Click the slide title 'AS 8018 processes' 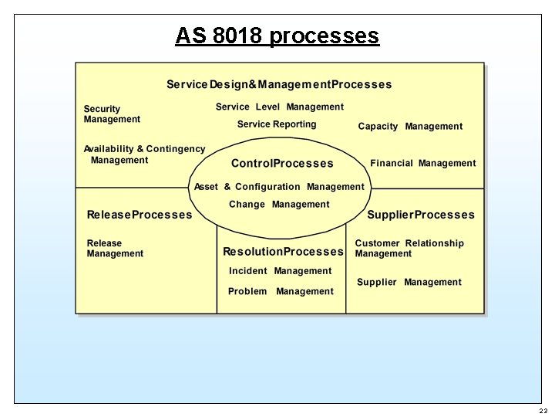(277, 36)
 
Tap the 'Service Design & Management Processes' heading (279, 84)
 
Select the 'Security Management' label (112, 114)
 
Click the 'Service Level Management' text (280, 107)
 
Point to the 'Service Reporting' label (277, 124)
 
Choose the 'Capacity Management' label (410, 127)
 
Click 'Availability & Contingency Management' (144, 154)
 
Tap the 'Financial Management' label (423, 163)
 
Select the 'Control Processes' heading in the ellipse (282, 164)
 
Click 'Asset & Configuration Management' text (279, 187)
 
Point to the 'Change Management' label (279, 205)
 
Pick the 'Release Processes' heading (140, 215)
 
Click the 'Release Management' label (115, 248)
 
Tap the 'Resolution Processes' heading (283, 252)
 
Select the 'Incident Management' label (280, 271)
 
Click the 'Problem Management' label (281, 291)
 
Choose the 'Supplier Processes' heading (421, 215)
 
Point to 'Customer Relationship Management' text (409, 248)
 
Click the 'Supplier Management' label (409, 283)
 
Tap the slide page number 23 (543, 411)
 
